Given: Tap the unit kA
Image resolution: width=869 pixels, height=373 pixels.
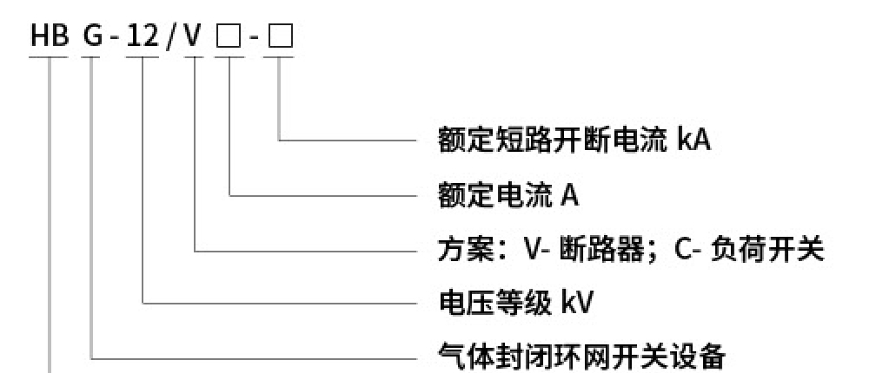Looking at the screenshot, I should coord(693,140).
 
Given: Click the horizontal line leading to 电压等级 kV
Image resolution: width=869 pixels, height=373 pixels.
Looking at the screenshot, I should coord(278,304).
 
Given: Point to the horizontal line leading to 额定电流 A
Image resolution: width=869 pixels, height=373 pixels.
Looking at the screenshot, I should coord(322,196).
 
